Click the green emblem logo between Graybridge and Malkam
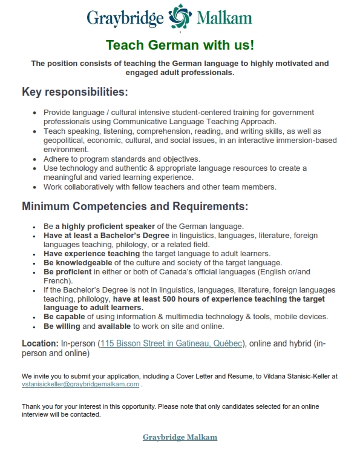(180, 17)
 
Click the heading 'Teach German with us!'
(180, 45)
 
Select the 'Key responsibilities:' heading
(75, 92)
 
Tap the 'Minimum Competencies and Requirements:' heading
(135, 206)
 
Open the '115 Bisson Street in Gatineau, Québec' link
(171, 343)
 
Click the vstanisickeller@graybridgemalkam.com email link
(80, 384)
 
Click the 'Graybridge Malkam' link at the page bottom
(180, 437)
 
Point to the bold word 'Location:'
(40, 343)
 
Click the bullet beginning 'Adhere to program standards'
(122, 159)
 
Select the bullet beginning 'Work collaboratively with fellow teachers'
(160, 187)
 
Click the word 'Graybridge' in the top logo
(125, 18)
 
